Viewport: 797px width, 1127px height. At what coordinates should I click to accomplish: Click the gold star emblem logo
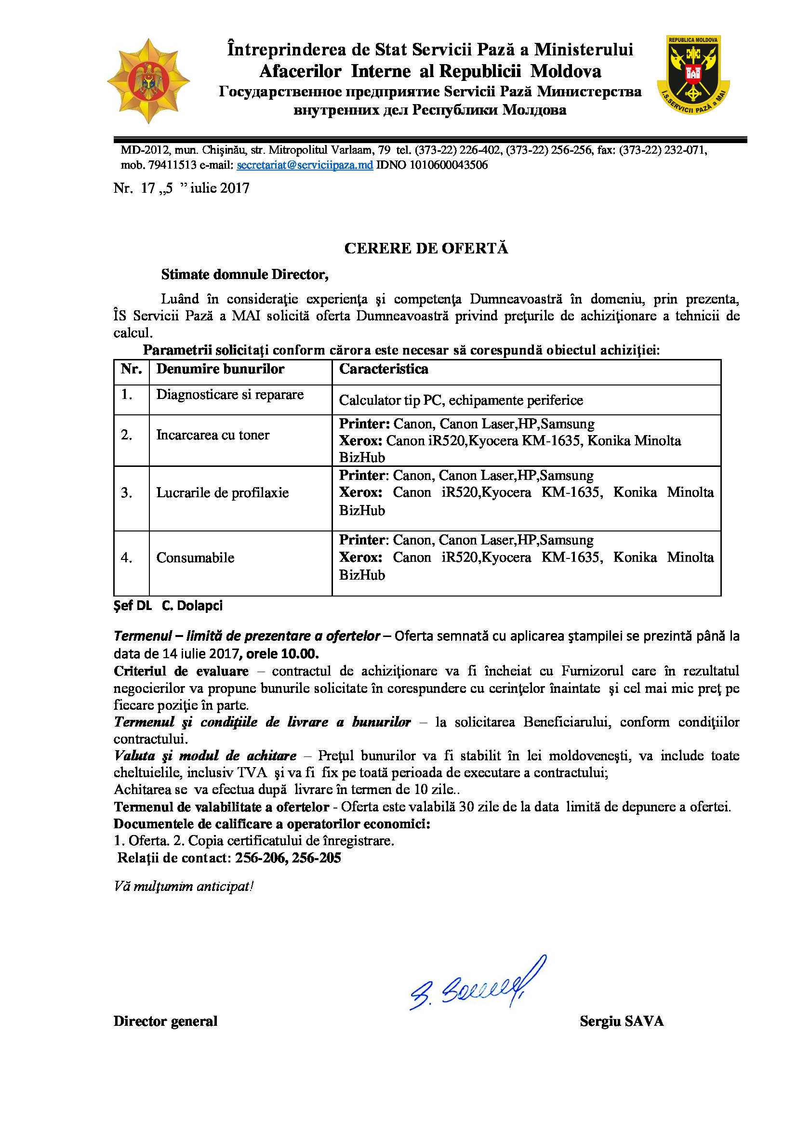point(148,80)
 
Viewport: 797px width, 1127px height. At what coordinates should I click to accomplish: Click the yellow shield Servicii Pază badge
point(693,75)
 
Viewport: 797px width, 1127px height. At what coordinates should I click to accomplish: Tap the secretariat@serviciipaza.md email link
point(305,165)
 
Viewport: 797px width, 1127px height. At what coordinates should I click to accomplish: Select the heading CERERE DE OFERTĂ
point(426,248)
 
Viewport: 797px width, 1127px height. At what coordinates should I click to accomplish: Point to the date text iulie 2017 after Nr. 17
point(220,188)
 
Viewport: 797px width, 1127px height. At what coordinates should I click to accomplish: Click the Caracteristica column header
point(383,369)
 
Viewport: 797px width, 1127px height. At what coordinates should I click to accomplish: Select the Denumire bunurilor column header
point(220,369)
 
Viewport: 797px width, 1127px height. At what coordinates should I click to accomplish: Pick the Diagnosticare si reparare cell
point(230,395)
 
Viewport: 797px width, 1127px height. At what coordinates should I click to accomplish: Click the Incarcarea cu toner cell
point(213,436)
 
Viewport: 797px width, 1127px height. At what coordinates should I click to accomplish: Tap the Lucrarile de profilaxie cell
point(222,493)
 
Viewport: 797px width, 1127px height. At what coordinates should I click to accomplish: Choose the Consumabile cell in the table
point(195,558)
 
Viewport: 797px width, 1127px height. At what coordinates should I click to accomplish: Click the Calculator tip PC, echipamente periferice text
point(460,400)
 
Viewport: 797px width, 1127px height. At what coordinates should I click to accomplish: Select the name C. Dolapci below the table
point(192,606)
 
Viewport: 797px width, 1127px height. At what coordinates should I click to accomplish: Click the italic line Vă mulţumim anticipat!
point(184,887)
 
